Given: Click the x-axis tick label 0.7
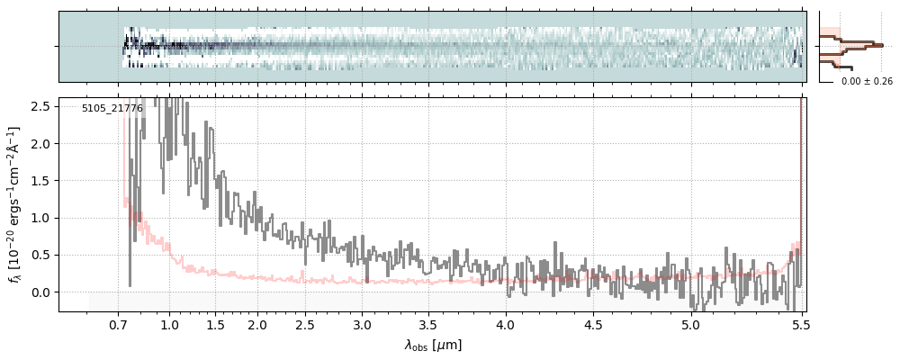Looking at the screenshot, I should [119, 325].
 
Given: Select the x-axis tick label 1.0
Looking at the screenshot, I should [169, 325].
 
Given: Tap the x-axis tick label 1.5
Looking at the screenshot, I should [215, 325].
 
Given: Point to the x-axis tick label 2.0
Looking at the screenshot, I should [257, 325].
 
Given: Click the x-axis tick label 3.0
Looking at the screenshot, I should [362, 325].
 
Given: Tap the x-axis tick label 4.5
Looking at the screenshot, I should [594, 325].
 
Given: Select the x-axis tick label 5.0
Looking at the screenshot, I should [690, 325].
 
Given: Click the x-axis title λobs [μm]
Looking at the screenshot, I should [433, 345].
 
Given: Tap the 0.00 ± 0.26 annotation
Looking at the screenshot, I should [867, 82].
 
